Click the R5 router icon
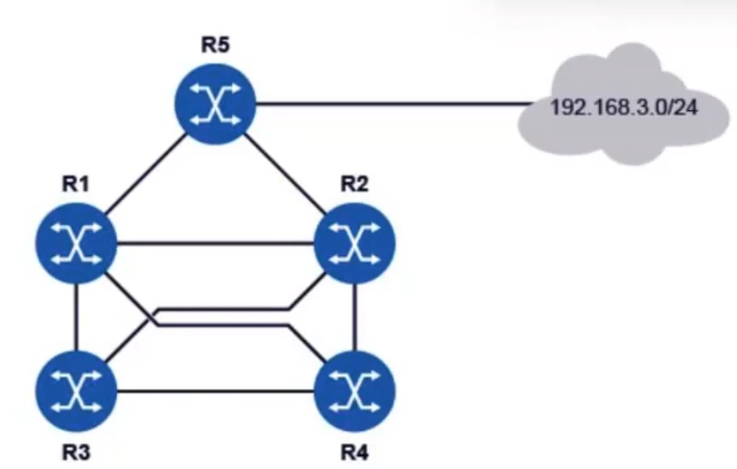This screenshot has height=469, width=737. [x=215, y=105]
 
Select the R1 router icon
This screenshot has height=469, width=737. [x=76, y=243]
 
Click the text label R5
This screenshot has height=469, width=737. [x=216, y=44]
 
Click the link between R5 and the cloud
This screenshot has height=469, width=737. [x=389, y=104]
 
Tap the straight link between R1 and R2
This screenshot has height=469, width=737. [x=215, y=241]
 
